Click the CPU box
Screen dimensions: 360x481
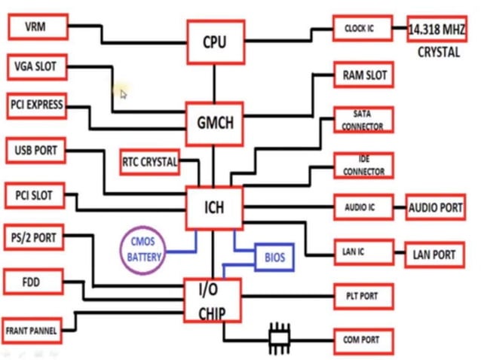pos(215,41)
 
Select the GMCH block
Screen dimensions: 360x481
pos(215,123)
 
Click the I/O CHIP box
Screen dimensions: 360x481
pos(212,301)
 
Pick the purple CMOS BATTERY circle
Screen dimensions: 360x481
pos(145,249)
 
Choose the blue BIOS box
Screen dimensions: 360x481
pos(274,258)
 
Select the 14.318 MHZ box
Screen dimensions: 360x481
pos(436,29)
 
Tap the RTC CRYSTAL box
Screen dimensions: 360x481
pos(149,161)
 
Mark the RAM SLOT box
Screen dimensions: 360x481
pos(365,76)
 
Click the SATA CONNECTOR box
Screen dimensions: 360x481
pos(362,121)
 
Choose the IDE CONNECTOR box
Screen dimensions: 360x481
pos(362,165)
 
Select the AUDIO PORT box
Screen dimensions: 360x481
pos(436,206)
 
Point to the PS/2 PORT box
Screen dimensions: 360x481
pos(35,237)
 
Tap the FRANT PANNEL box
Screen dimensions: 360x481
pos(32,330)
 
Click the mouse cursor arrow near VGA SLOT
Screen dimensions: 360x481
pos(123,93)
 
